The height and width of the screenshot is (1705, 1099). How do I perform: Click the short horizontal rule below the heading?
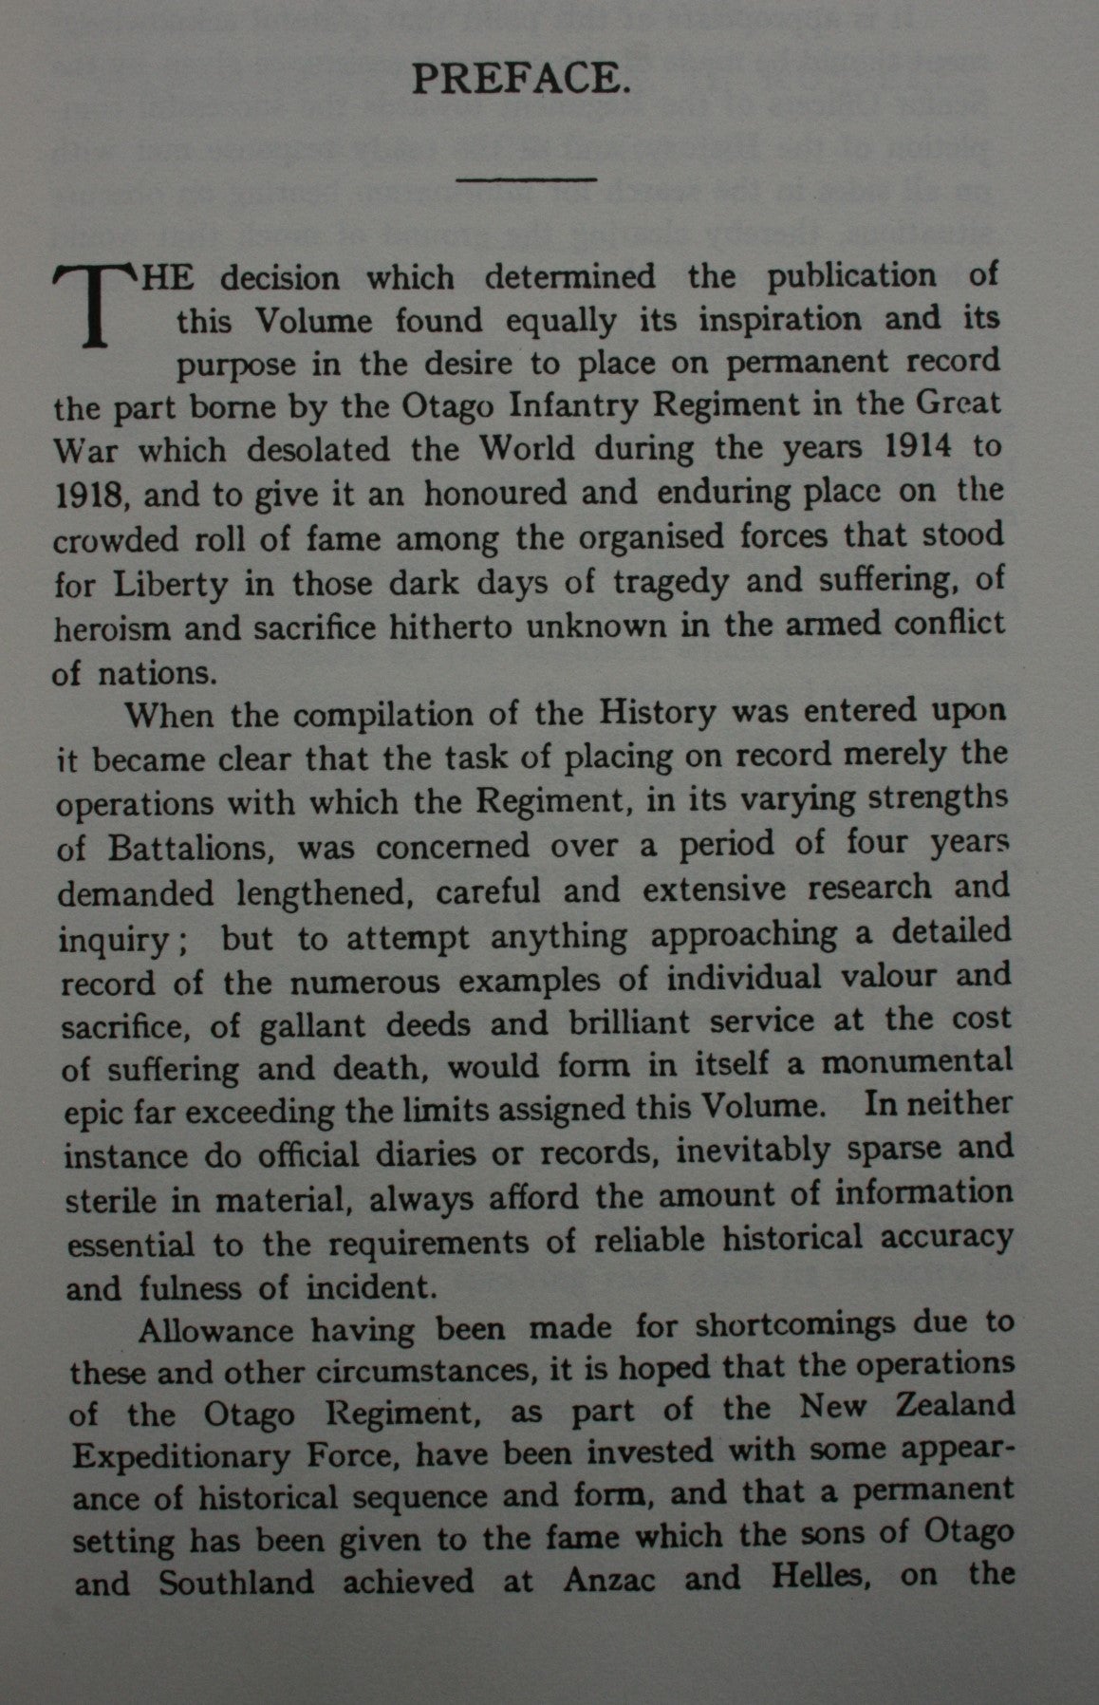pos(527,178)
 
